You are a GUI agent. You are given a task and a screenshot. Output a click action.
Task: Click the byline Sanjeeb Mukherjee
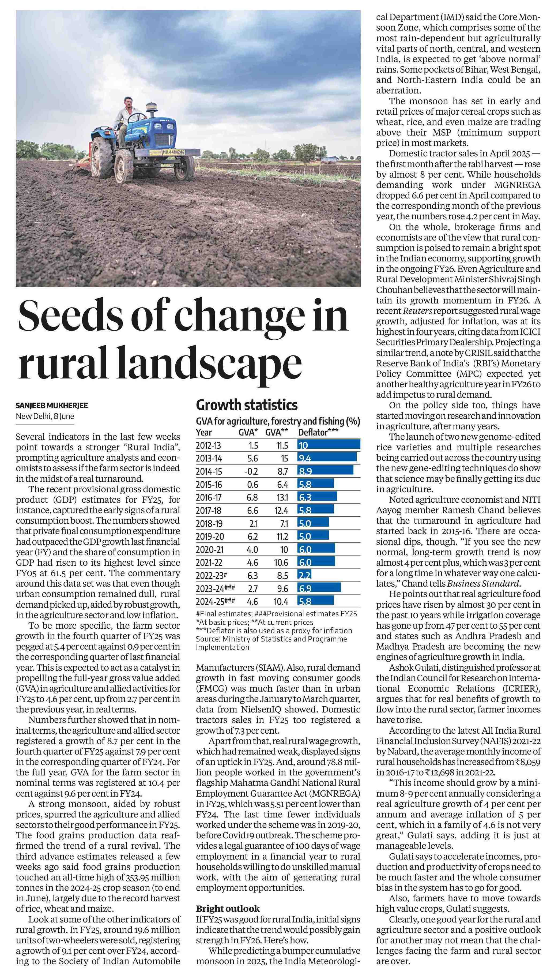coord(52,406)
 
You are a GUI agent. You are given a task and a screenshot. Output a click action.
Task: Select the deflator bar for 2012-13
coord(329,445)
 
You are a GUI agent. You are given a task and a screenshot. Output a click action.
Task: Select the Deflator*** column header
coord(318,432)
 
